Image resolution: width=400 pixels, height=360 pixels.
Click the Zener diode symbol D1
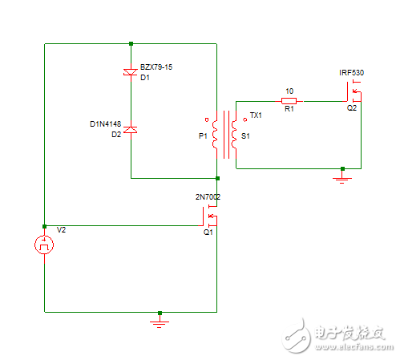pyautogui.click(x=131, y=72)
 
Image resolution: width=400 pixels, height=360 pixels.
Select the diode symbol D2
pyautogui.click(x=131, y=130)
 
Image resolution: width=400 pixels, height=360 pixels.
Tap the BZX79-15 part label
pyautogui.click(x=156, y=67)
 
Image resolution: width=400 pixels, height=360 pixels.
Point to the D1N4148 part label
pyautogui.click(x=106, y=124)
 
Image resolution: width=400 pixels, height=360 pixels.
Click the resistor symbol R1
pyautogui.click(x=289, y=101)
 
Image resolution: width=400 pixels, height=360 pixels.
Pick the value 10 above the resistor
pyautogui.click(x=289, y=91)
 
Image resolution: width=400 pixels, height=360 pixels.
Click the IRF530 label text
pyautogui.click(x=351, y=73)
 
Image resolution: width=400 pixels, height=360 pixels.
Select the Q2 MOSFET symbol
pyautogui.click(x=354, y=91)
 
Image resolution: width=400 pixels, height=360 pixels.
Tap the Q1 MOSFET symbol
pyautogui.click(x=210, y=216)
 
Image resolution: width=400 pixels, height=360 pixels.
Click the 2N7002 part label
pyautogui.click(x=208, y=197)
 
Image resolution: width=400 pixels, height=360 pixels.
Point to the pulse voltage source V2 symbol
pyautogui.click(x=44, y=245)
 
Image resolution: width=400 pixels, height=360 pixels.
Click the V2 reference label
pyautogui.click(x=61, y=230)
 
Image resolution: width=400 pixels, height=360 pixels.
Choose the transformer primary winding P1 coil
pyautogui.click(x=215, y=135)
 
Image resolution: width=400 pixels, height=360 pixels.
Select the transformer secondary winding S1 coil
pyautogui.click(x=234, y=135)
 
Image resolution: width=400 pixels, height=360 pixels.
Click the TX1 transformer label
pyautogui.click(x=256, y=115)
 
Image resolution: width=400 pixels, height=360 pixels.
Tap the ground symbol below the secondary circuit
pyautogui.click(x=342, y=179)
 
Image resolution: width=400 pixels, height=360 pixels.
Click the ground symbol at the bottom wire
pyautogui.click(x=160, y=322)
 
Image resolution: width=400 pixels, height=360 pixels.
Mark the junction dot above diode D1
pyautogui.click(x=131, y=43)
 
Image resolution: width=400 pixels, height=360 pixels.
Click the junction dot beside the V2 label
pyautogui.click(x=44, y=226)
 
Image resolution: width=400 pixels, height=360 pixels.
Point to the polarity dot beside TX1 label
pyautogui.click(x=244, y=119)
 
